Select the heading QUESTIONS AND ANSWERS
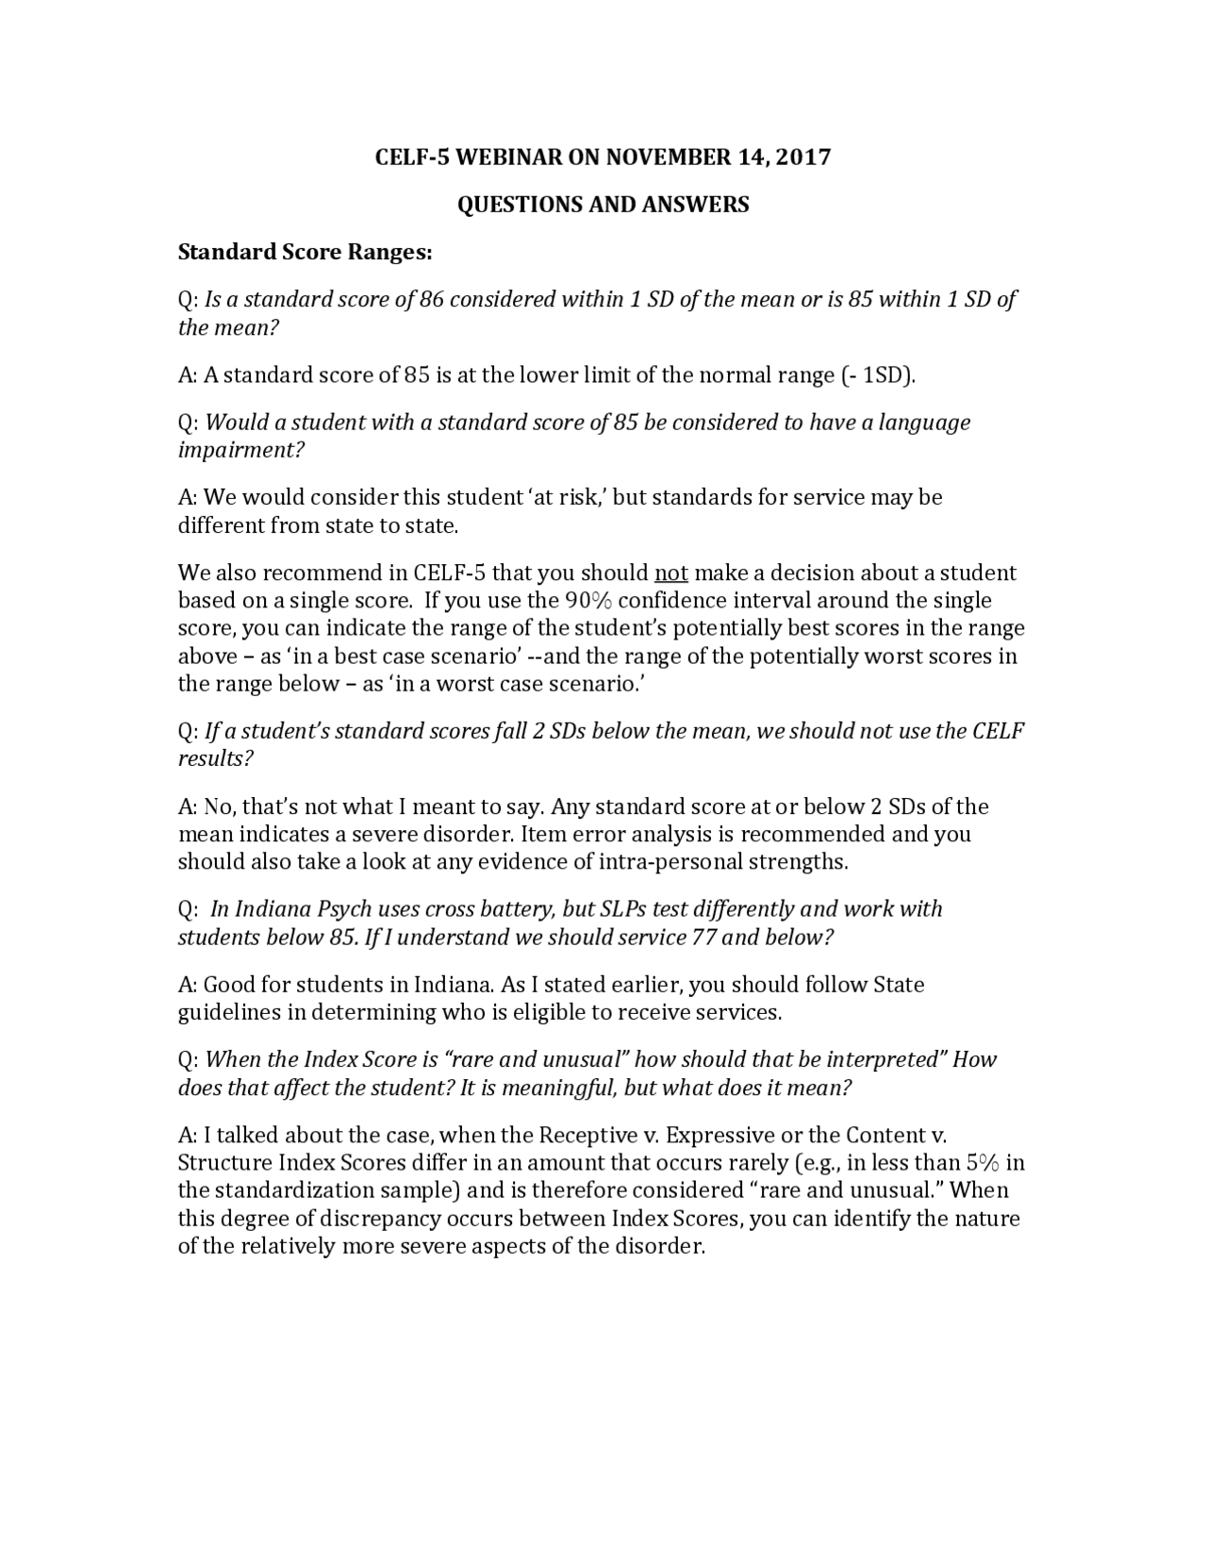click(x=603, y=205)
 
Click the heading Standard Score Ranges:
click(x=306, y=252)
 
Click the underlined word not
click(x=671, y=573)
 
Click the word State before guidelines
click(x=898, y=984)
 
